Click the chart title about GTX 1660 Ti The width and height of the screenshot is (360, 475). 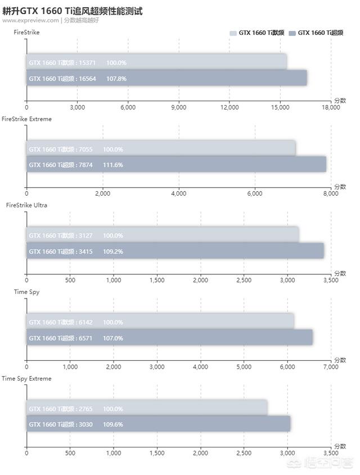[x=73, y=10]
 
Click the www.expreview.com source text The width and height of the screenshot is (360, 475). [x=30, y=20]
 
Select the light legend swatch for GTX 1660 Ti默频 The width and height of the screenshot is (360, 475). [x=233, y=34]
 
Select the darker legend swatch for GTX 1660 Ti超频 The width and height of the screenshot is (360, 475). [x=292, y=34]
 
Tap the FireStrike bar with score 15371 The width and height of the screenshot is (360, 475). [x=156, y=62]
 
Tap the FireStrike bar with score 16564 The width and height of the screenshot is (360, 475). [x=166, y=78]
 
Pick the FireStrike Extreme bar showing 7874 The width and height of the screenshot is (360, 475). [x=176, y=165]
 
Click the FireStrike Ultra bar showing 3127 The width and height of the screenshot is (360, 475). [x=163, y=235]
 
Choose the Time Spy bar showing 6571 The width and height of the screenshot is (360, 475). [x=169, y=338]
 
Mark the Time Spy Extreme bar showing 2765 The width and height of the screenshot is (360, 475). [x=147, y=409]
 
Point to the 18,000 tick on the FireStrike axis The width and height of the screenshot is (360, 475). [x=330, y=107]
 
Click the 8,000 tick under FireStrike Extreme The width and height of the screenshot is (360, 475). [x=331, y=193]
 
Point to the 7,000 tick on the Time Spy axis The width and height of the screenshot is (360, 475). [x=331, y=367]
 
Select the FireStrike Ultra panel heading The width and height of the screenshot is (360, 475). [x=26, y=205]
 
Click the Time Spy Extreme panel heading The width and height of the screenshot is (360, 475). [x=26, y=378]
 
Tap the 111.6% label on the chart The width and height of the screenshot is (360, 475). [x=112, y=165]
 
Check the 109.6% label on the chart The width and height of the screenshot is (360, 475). [x=112, y=424]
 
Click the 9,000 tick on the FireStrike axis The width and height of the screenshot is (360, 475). [x=178, y=107]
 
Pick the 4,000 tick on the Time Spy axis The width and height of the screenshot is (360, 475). [x=200, y=367]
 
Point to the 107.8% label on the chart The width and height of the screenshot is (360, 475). [x=116, y=79]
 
